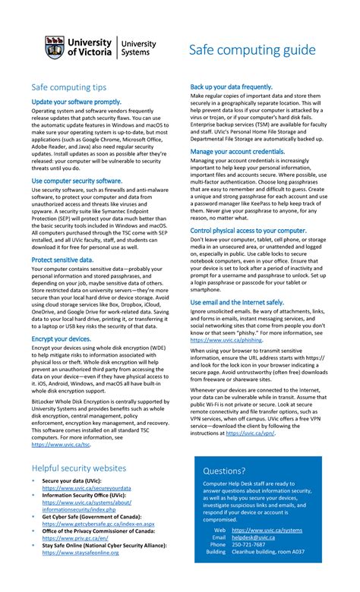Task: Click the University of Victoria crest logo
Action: click(55, 49)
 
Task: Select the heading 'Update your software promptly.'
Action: click(76, 101)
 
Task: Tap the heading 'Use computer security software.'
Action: click(77, 181)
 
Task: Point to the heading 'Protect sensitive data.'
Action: click(63, 260)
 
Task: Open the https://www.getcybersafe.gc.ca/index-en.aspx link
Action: click(98, 524)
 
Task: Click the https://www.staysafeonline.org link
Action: click(81, 553)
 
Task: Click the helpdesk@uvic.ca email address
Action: click(254, 537)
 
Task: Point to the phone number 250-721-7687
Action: click(248, 544)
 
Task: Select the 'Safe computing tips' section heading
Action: click(68, 87)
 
